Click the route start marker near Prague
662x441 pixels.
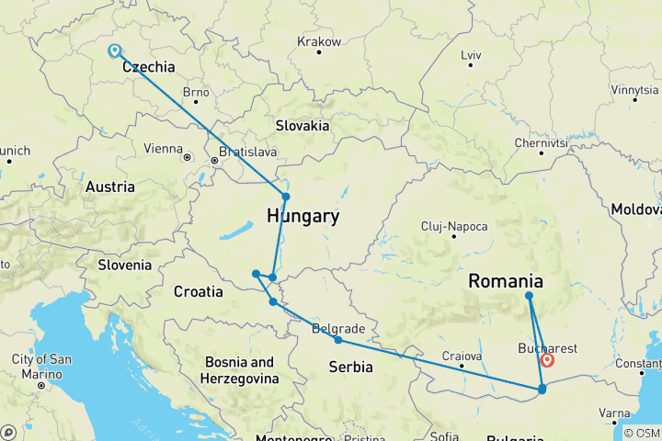click(114, 51)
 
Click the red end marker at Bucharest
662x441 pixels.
click(547, 361)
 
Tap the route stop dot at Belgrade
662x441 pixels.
click(338, 340)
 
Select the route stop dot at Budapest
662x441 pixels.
click(286, 197)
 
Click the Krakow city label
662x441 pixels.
click(319, 42)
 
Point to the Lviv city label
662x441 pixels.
click(471, 56)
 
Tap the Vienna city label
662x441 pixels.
click(164, 148)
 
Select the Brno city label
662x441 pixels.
click(196, 92)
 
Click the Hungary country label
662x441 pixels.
click(302, 217)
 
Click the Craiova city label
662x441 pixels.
click(461, 356)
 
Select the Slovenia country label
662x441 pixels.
click(125, 265)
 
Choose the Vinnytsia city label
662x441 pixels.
click(634, 90)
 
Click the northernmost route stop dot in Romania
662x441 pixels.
click(529, 296)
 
